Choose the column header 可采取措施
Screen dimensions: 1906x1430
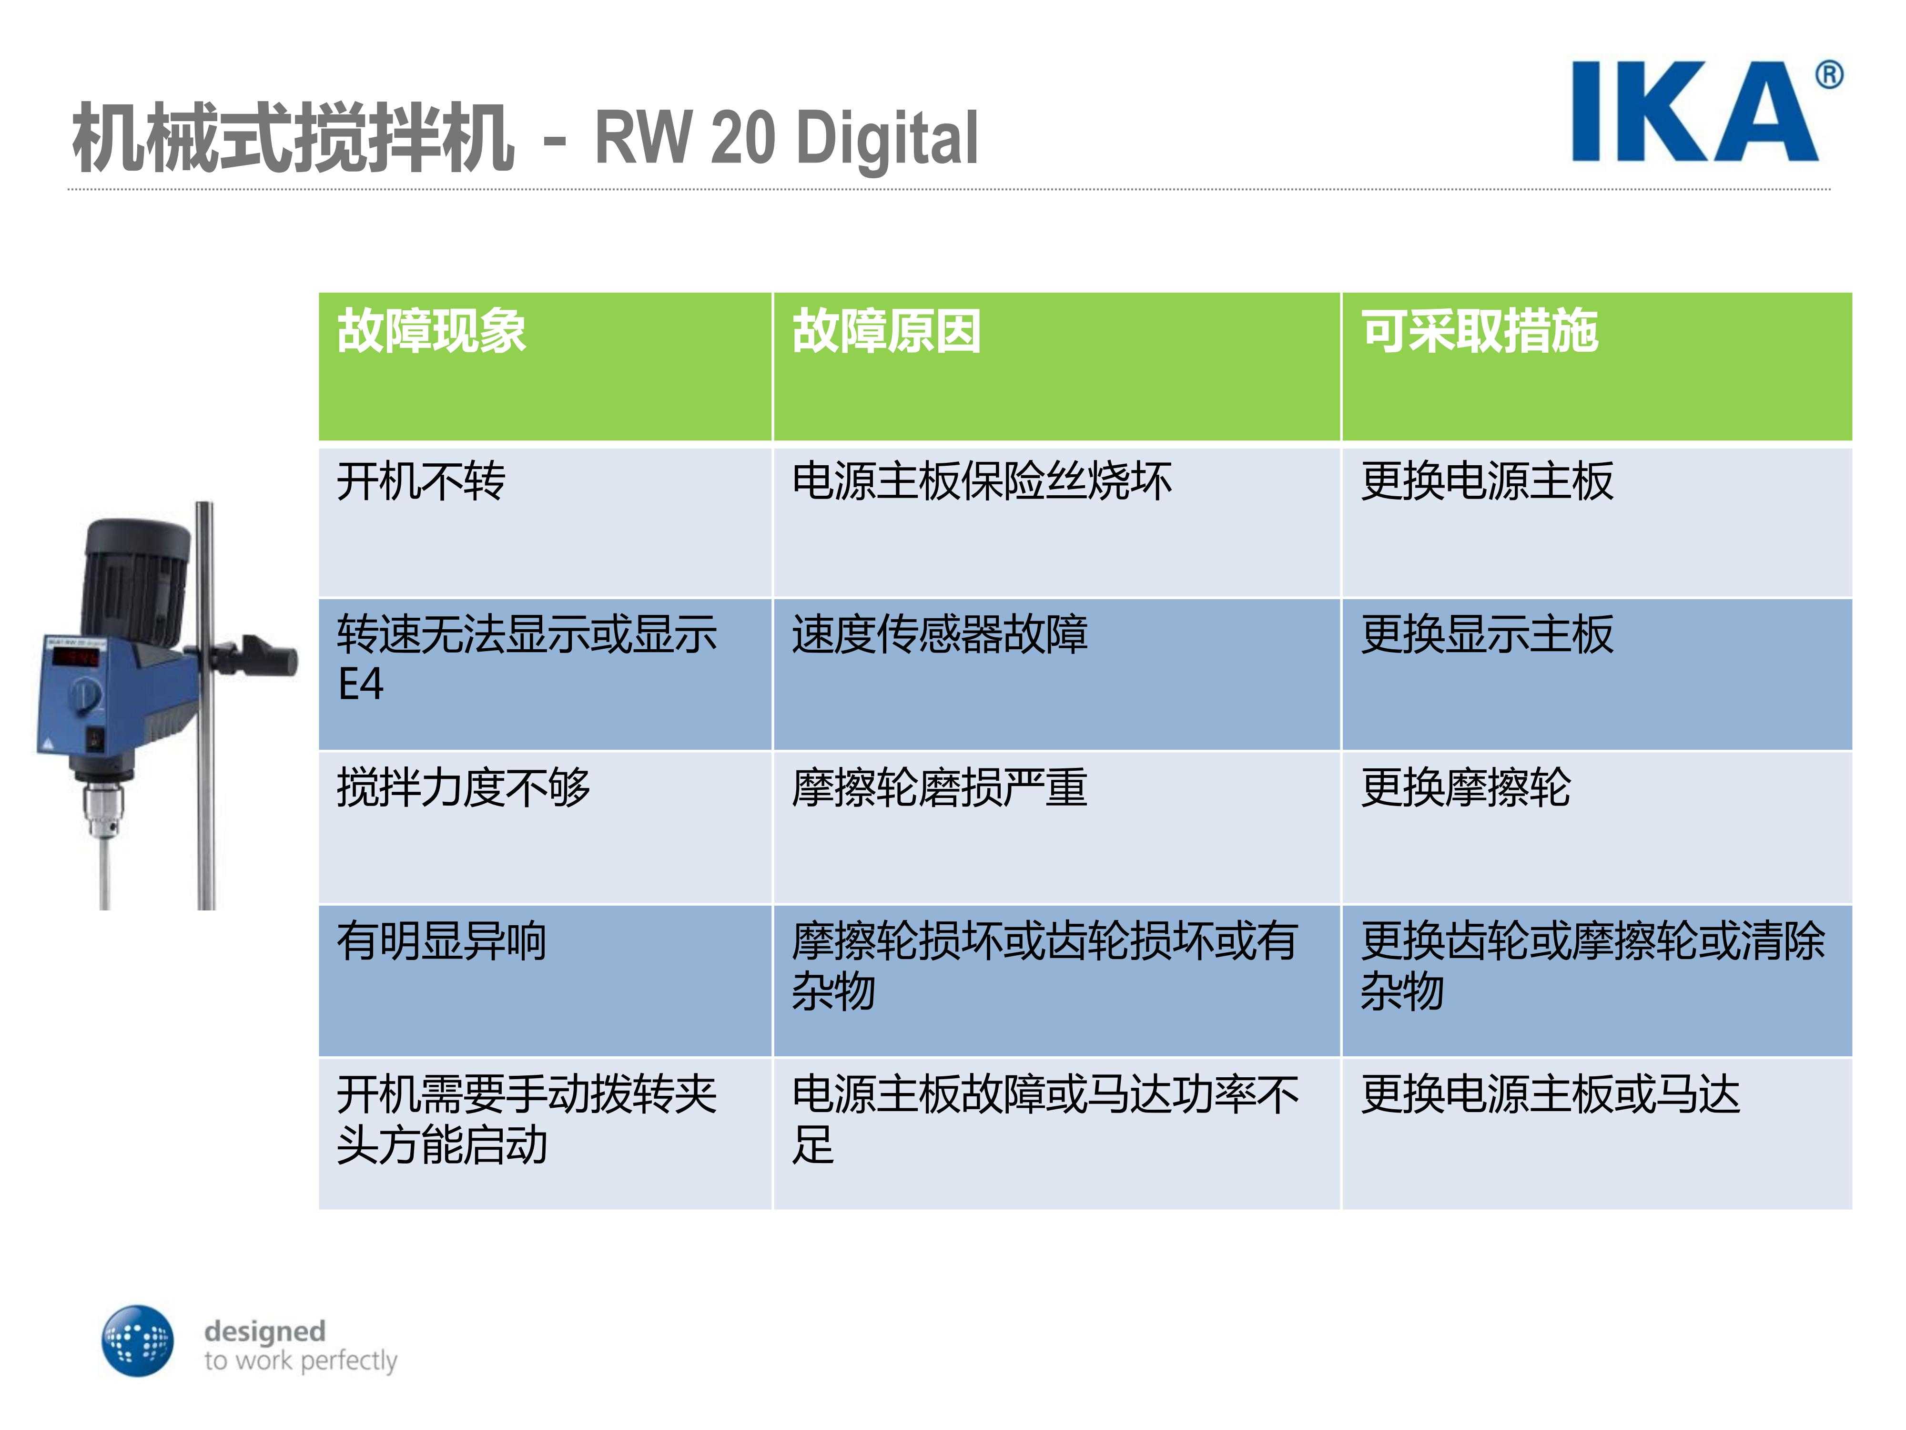coord(1480,330)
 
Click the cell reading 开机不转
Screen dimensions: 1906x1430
coord(420,481)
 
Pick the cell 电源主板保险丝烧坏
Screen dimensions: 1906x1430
coord(982,481)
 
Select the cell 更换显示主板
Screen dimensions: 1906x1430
coord(1486,634)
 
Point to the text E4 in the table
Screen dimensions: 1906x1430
coord(360,684)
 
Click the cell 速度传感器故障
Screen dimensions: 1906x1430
coord(939,634)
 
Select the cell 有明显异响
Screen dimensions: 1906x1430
coord(441,940)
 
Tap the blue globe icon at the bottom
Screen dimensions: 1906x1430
coord(137,1340)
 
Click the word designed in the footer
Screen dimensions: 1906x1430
coord(264,1331)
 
